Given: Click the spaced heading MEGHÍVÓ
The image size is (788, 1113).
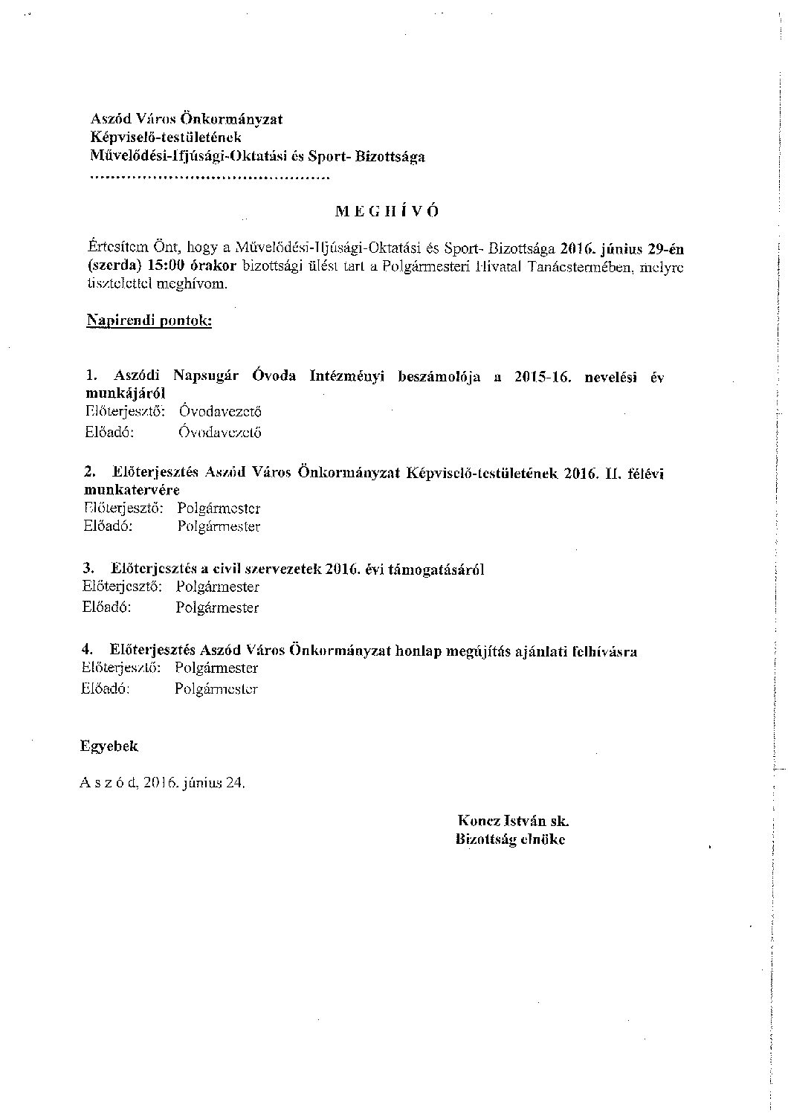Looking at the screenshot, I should coord(387,210).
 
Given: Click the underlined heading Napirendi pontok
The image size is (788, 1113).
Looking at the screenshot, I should coord(149,321).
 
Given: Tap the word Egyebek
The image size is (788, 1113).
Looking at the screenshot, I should coord(109,746).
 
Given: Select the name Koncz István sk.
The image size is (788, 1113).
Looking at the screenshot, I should coord(514,821).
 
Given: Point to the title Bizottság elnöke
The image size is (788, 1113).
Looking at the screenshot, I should coord(511,839).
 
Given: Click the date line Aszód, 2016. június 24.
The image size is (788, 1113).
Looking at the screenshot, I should coord(161,783).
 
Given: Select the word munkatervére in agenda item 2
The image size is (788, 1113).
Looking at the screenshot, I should coord(132,491).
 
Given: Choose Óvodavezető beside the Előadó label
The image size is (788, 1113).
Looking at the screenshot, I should coord(220,432).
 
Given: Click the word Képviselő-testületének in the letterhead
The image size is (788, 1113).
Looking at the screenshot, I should coord(166,138).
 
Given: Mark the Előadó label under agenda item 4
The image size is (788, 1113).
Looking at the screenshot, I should coord(105,688).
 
